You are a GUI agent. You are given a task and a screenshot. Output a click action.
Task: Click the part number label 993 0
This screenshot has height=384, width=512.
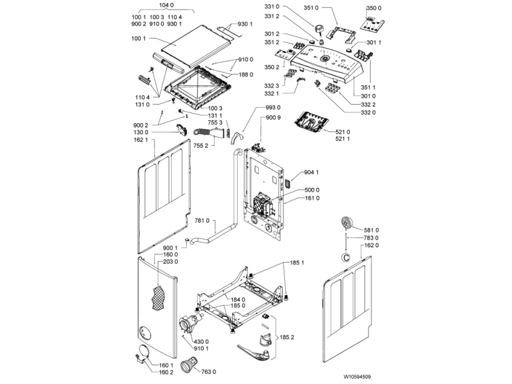[273, 108]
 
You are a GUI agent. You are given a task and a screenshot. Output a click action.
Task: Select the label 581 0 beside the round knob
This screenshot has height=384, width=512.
[371, 230]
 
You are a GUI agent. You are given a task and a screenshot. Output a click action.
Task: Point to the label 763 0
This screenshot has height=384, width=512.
[208, 371]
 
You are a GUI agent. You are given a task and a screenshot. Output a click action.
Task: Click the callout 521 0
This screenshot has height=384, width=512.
[342, 131]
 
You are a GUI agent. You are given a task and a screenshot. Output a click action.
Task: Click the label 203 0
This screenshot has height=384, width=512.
[171, 262]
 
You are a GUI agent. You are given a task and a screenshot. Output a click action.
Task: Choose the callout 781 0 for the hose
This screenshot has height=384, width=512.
[203, 221]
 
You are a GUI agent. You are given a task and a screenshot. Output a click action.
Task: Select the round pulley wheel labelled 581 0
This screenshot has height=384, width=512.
[346, 223]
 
